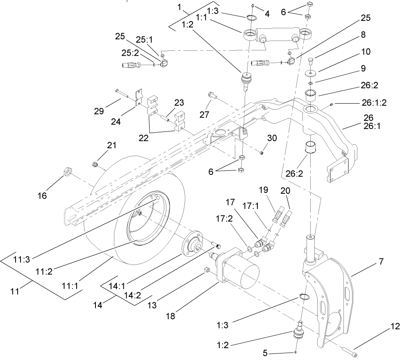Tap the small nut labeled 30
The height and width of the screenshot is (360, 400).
[x=261, y=153]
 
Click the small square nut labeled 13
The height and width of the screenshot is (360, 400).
[x=207, y=270]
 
